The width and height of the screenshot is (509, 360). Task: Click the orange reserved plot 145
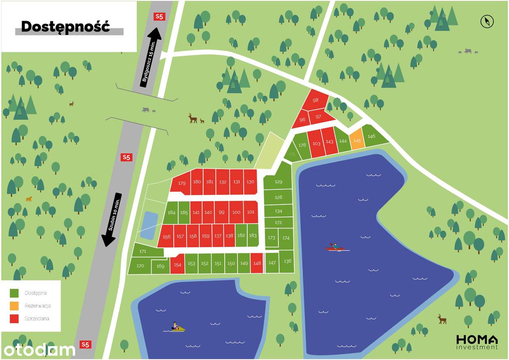pyautogui.click(x=357, y=140)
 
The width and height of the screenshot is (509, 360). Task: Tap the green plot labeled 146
pyautogui.click(x=372, y=136)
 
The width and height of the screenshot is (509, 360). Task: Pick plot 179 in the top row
pyautogui.click(x=182, y=183)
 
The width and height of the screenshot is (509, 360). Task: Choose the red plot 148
pyautogui.click(x=257, y=263)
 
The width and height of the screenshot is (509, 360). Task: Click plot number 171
pyautogui.click(x=144, y=251)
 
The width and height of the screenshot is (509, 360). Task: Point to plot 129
pyautogui.click(x=278, y=181)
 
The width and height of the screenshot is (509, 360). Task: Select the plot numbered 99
pyautogui.click(x=221, y=212)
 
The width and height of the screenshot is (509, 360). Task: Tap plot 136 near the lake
pyautogui.click(x=288, y=261)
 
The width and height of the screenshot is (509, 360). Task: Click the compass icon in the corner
pyautogui.click(x=487, y=21)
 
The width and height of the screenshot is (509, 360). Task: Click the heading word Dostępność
pyautogui.click(x=65, y=26)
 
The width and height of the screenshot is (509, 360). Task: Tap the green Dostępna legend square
pyautogui.click(x=14, y=293)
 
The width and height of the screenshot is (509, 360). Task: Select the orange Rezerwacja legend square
pyautogui.click(x=14, y=306)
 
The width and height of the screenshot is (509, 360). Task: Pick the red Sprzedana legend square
pyautogui.click(x=14, y=319)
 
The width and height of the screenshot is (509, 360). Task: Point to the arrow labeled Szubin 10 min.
pyautogui.click(x=111, y=219)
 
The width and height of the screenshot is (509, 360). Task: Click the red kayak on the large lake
pyautogui.click(x=335, y=248)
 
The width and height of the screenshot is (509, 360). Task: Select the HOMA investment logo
pyautogui.click(x=477, y=342)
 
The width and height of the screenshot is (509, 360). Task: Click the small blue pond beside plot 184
pyautogui.click(x=149, y=225)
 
